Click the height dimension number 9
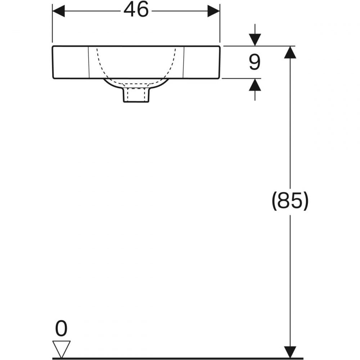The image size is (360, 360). point(255,62)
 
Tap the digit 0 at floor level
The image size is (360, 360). point(61,328)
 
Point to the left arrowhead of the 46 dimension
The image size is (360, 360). point(58,11)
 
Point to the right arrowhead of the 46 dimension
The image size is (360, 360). point(214,11)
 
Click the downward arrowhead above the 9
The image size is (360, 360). point(255,40)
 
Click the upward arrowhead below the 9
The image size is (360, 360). point(255,85)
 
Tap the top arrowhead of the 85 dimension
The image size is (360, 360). point(290,52)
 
